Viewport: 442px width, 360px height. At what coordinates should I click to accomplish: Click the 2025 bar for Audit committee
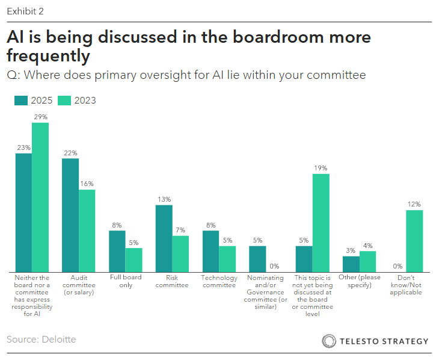[70, 215]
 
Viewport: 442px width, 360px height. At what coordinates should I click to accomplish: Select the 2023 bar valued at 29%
[40, 197]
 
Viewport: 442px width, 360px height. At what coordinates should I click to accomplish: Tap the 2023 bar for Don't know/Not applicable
[414, 241]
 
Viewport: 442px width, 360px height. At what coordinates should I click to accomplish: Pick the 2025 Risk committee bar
[164, 238]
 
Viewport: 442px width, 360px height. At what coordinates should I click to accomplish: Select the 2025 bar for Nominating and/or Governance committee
[257, 259]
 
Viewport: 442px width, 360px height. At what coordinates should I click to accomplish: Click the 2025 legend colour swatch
[21, 101]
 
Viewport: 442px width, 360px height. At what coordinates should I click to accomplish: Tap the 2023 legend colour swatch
[64, 101]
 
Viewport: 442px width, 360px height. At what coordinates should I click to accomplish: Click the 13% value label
[164, 199]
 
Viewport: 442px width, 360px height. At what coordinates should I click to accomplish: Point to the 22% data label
[70, 153]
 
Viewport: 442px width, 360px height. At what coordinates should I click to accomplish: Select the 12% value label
[414, 204]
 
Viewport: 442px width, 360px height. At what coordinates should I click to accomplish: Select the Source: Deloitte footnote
[41, 340]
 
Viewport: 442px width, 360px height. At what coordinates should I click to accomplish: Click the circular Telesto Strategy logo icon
[329, 341]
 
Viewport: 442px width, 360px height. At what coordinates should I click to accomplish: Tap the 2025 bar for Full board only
[117, 251]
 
